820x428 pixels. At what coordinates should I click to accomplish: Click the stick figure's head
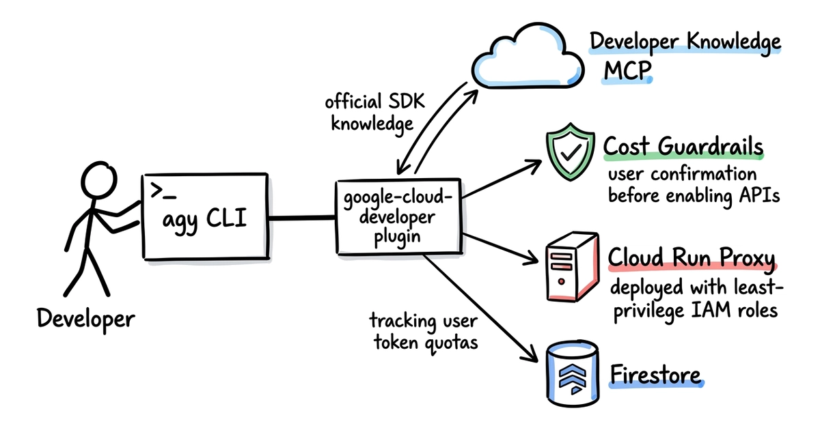pyautogui.click(x=98, y=180)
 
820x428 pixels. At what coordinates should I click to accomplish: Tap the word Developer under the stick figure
pyautogui.click(x=86, y=319)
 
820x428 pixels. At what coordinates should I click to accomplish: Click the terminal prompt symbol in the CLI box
pyautogui.click(x=163, y=190)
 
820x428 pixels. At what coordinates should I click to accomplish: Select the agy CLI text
pyautogui.click(x=204, y=220)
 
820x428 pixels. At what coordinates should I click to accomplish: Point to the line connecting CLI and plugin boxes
pyautogui.click(x=302, y=218)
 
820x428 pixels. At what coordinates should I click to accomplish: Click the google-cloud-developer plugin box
pyautogui.click(x=398, y=216)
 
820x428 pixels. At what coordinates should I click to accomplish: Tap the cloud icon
pyautogui.click(x=527, y=56)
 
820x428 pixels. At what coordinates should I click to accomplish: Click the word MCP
pyautogui.click(x=627, y=70)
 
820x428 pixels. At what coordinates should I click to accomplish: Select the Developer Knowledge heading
pyautogui.click(x=685, y=42)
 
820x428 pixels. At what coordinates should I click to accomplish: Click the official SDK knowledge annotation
pyautogui.click(x=374, y=113)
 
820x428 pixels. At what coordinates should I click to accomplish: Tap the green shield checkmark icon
pyautogui.click(x=570, y=152)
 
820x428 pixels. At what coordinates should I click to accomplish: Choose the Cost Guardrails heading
pyautogui.click(x=683, y=147)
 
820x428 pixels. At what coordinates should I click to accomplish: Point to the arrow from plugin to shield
pyautogui.click(x=502, y=179)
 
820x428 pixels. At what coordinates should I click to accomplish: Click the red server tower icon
pyautogui.click(x=572, y=267)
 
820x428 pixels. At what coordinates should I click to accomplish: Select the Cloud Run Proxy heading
pyautogui.click(x=692, y=257)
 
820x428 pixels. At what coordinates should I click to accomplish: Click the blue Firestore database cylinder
pyautogui.click(x=573, y=373)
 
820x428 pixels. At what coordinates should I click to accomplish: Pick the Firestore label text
pyautogui.click(x=655, y=375)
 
